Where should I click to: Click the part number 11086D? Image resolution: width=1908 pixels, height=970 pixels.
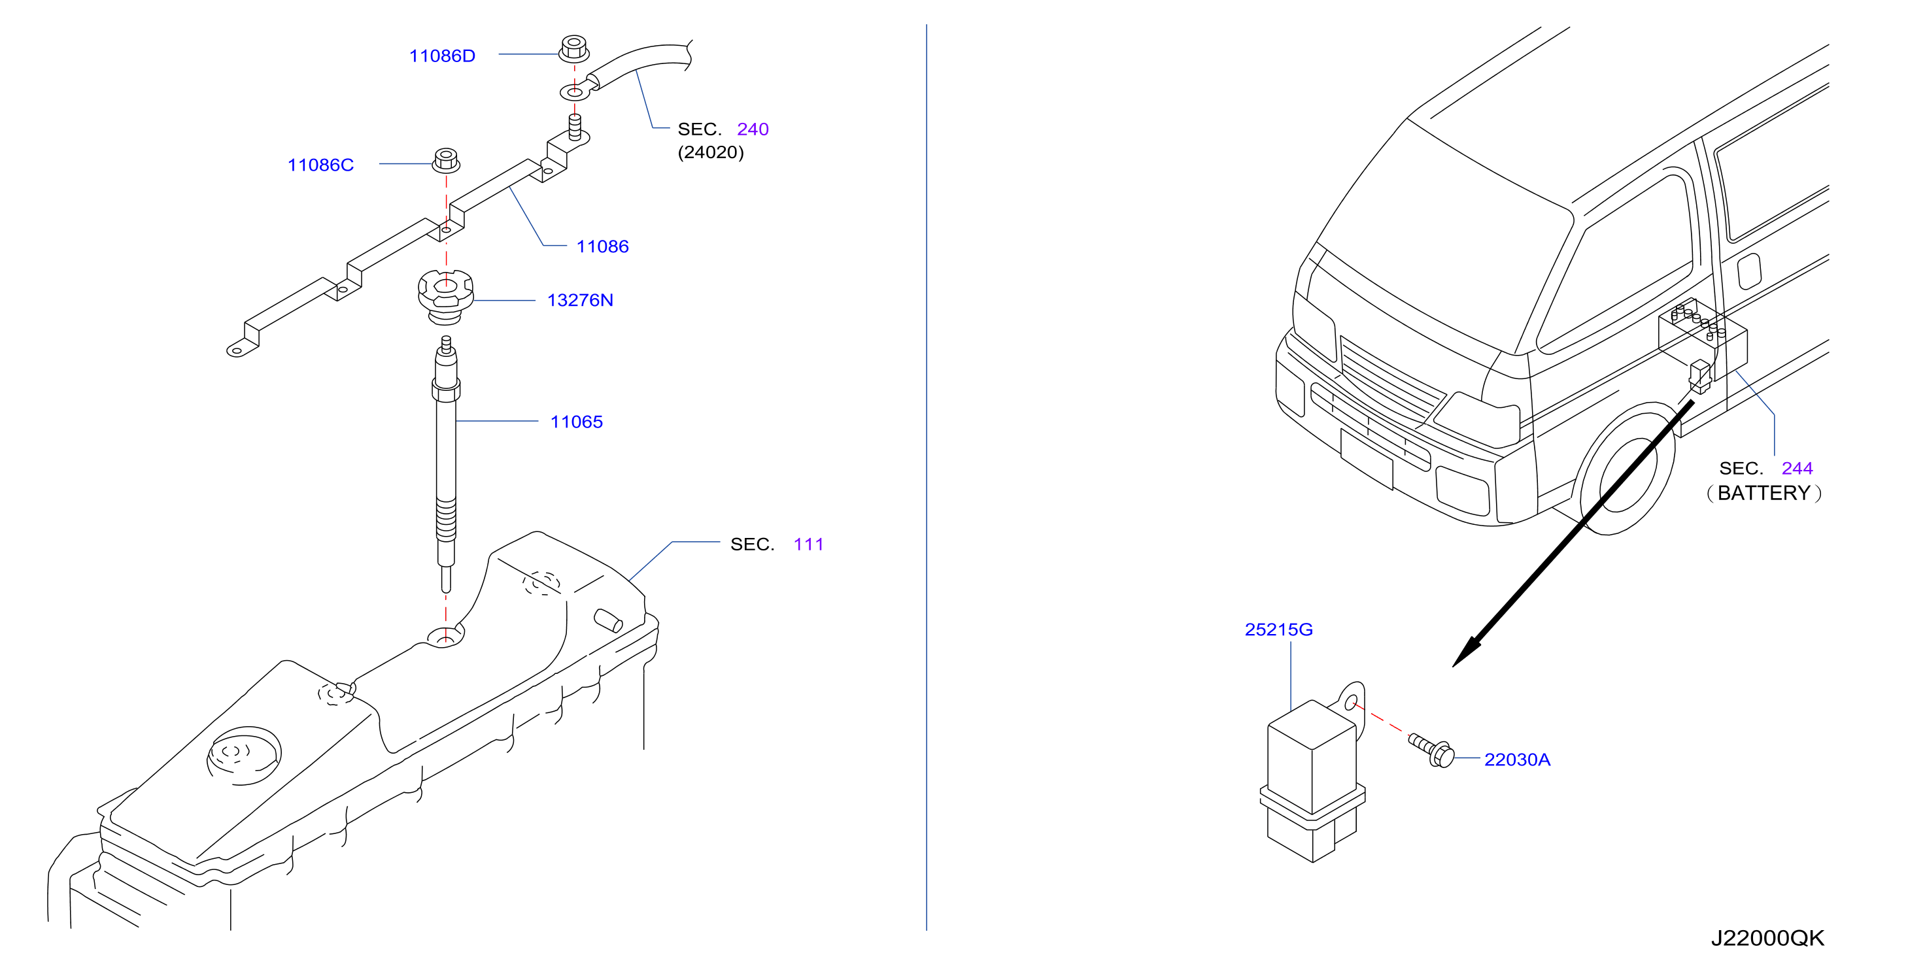(441, 56)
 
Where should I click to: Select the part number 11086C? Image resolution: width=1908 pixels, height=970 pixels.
(320, 164)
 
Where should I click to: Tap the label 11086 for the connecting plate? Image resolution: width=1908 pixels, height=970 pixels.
(602, 246)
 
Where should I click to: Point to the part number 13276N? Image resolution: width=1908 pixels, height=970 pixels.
(580, 300)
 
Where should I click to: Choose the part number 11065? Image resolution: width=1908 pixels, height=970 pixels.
(576, 422)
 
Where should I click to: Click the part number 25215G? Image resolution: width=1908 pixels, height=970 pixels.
(1278, 629)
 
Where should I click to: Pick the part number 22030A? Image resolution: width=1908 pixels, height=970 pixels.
(1517, 759)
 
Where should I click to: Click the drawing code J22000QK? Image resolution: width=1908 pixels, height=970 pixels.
(1767, 938)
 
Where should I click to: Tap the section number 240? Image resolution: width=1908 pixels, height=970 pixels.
(753, 129)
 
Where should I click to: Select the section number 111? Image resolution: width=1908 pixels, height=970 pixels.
(808, 544)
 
